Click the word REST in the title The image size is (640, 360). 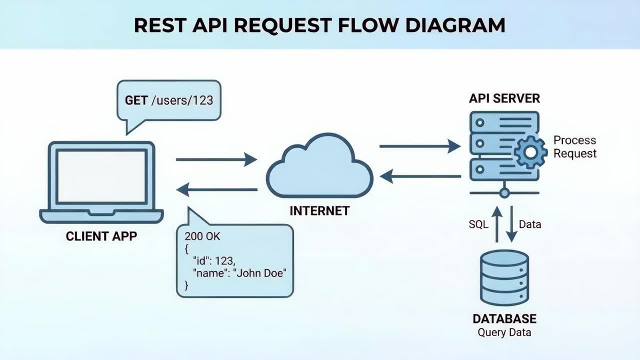coord(158,25)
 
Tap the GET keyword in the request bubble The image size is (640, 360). coord(136,100)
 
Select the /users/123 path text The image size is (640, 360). coord(182,100)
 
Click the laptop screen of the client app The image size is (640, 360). coord(101,175)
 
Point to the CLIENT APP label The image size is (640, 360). coord(101,236)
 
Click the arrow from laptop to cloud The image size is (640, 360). coord(216,160)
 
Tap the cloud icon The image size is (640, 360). coord(319,167)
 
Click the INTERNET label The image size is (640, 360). coord(319,211)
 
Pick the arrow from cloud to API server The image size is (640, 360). coord(419,146)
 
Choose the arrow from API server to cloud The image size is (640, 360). coord(419,176)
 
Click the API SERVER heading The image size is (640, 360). coord(504,98)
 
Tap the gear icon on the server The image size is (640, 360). coord(530,151)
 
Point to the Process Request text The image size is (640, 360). coord(574,147)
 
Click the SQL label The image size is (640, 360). coord(478,224)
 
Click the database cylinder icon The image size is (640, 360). coord(504,277)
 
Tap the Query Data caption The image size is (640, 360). coord(504,332)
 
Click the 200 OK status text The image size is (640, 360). coord(202,236)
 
